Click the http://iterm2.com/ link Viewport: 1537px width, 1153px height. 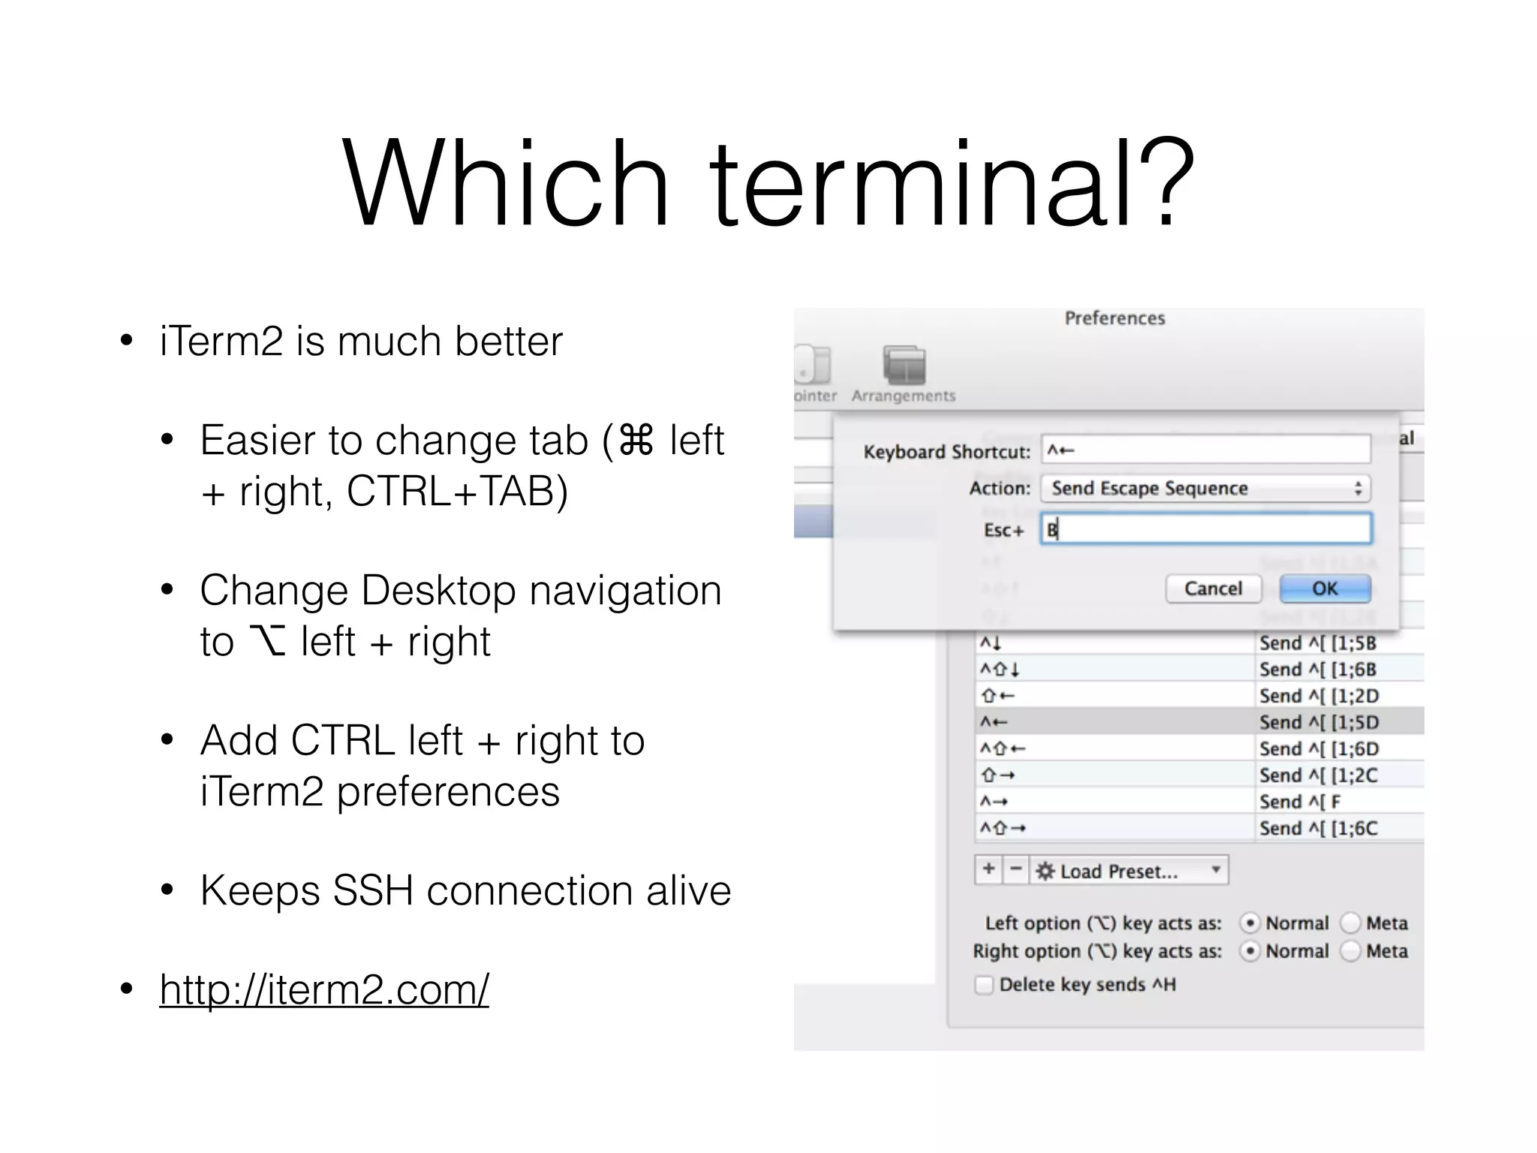click(323, 989)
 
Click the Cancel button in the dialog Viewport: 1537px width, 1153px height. click(1213, 589)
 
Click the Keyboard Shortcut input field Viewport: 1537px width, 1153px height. click(1205, 450)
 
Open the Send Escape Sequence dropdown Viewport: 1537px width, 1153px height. click(1205, 489)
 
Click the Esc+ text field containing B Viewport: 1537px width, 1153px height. click(1205, 529)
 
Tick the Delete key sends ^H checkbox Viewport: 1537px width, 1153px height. click(984, 985)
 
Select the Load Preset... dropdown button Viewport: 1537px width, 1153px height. click(1129, 871)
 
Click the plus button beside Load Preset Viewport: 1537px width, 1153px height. click(988, 870)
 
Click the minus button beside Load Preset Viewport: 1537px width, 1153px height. click(1015, 870)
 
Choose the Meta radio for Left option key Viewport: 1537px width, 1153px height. click(1350, 923)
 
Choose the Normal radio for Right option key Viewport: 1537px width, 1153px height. click(1250, 951)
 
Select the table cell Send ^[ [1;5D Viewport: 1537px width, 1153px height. click(1319, 722)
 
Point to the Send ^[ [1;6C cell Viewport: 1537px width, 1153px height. click(1319, 828)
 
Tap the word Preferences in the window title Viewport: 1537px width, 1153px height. click(1114, 318)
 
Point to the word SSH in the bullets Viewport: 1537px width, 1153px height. click(373, 891)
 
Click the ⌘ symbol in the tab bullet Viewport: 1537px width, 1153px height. click(636, 441)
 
